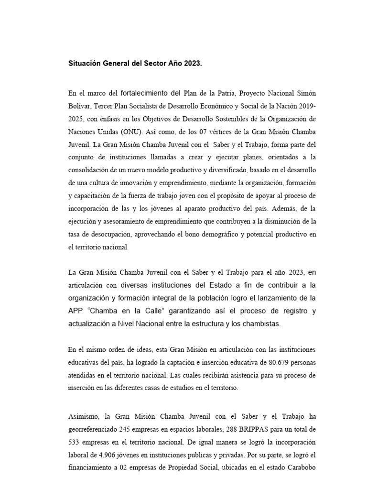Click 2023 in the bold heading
point(193,63)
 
